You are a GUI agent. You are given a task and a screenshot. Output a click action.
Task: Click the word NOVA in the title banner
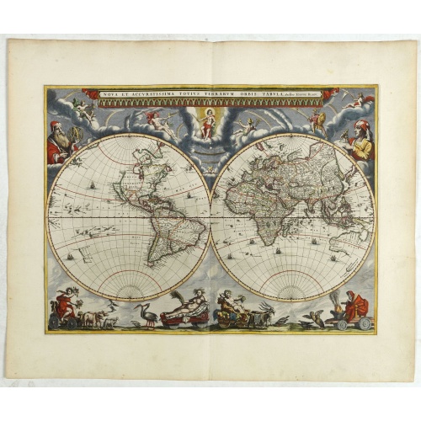111,94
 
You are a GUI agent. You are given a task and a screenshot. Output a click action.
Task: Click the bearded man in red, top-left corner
60,141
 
